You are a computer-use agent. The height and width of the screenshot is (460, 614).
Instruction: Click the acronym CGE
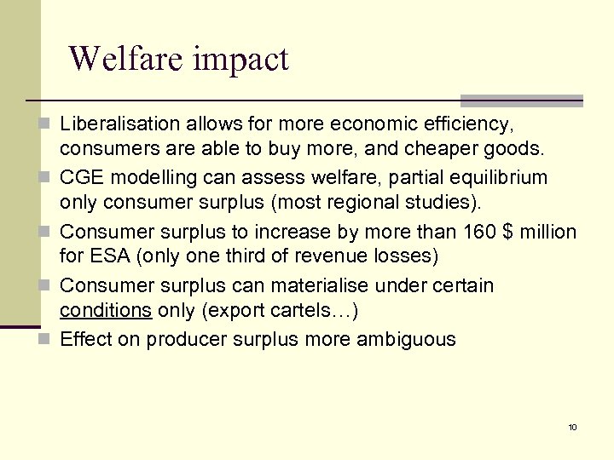tap(80, 178)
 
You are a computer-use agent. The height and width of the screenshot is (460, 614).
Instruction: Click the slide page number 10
tap(572, 427)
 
